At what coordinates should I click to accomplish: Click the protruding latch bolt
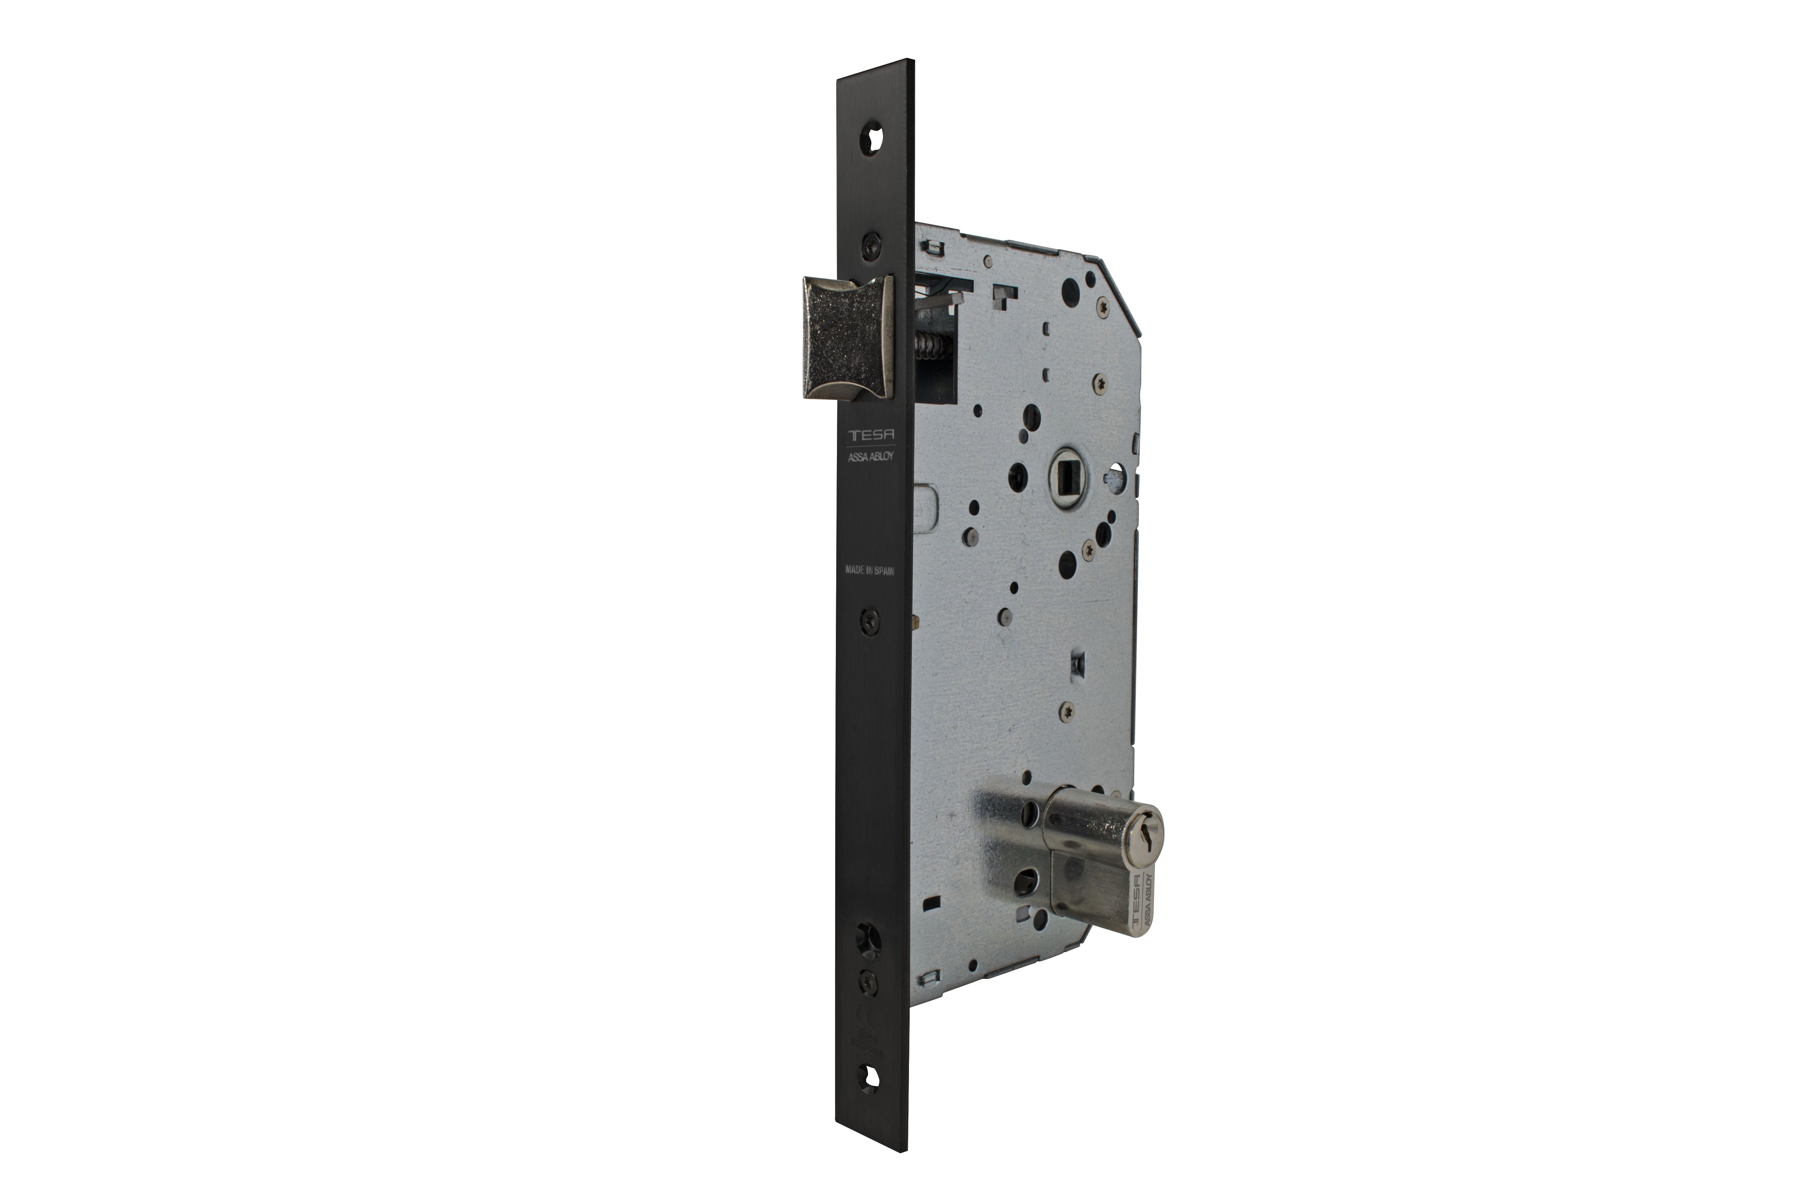click(x=848, y=337)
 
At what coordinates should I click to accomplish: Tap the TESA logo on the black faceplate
click(x=871, y=435)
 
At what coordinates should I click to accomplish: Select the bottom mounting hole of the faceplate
click(x=871, y=1076)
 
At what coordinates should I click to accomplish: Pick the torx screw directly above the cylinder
click(x=1066, y=711)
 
